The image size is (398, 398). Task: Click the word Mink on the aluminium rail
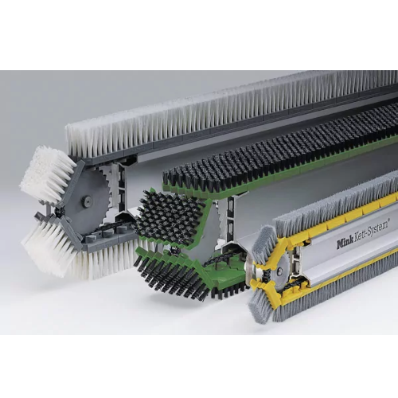point(345,243)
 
